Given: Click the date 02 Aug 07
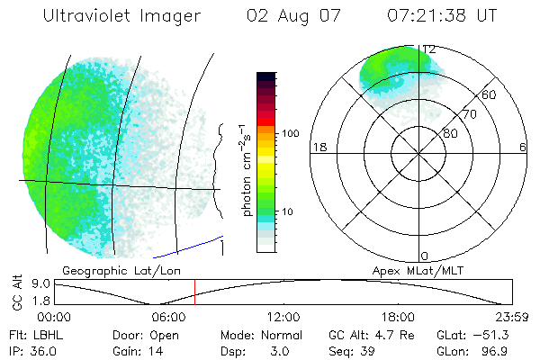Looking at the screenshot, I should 283,15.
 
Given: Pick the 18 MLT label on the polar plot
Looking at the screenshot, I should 318,146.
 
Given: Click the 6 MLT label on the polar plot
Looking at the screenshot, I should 523,146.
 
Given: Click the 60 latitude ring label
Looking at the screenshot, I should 490,94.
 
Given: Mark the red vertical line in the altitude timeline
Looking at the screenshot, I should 194,292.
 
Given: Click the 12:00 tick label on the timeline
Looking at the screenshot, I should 283,317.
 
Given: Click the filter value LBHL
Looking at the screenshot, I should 46,334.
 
